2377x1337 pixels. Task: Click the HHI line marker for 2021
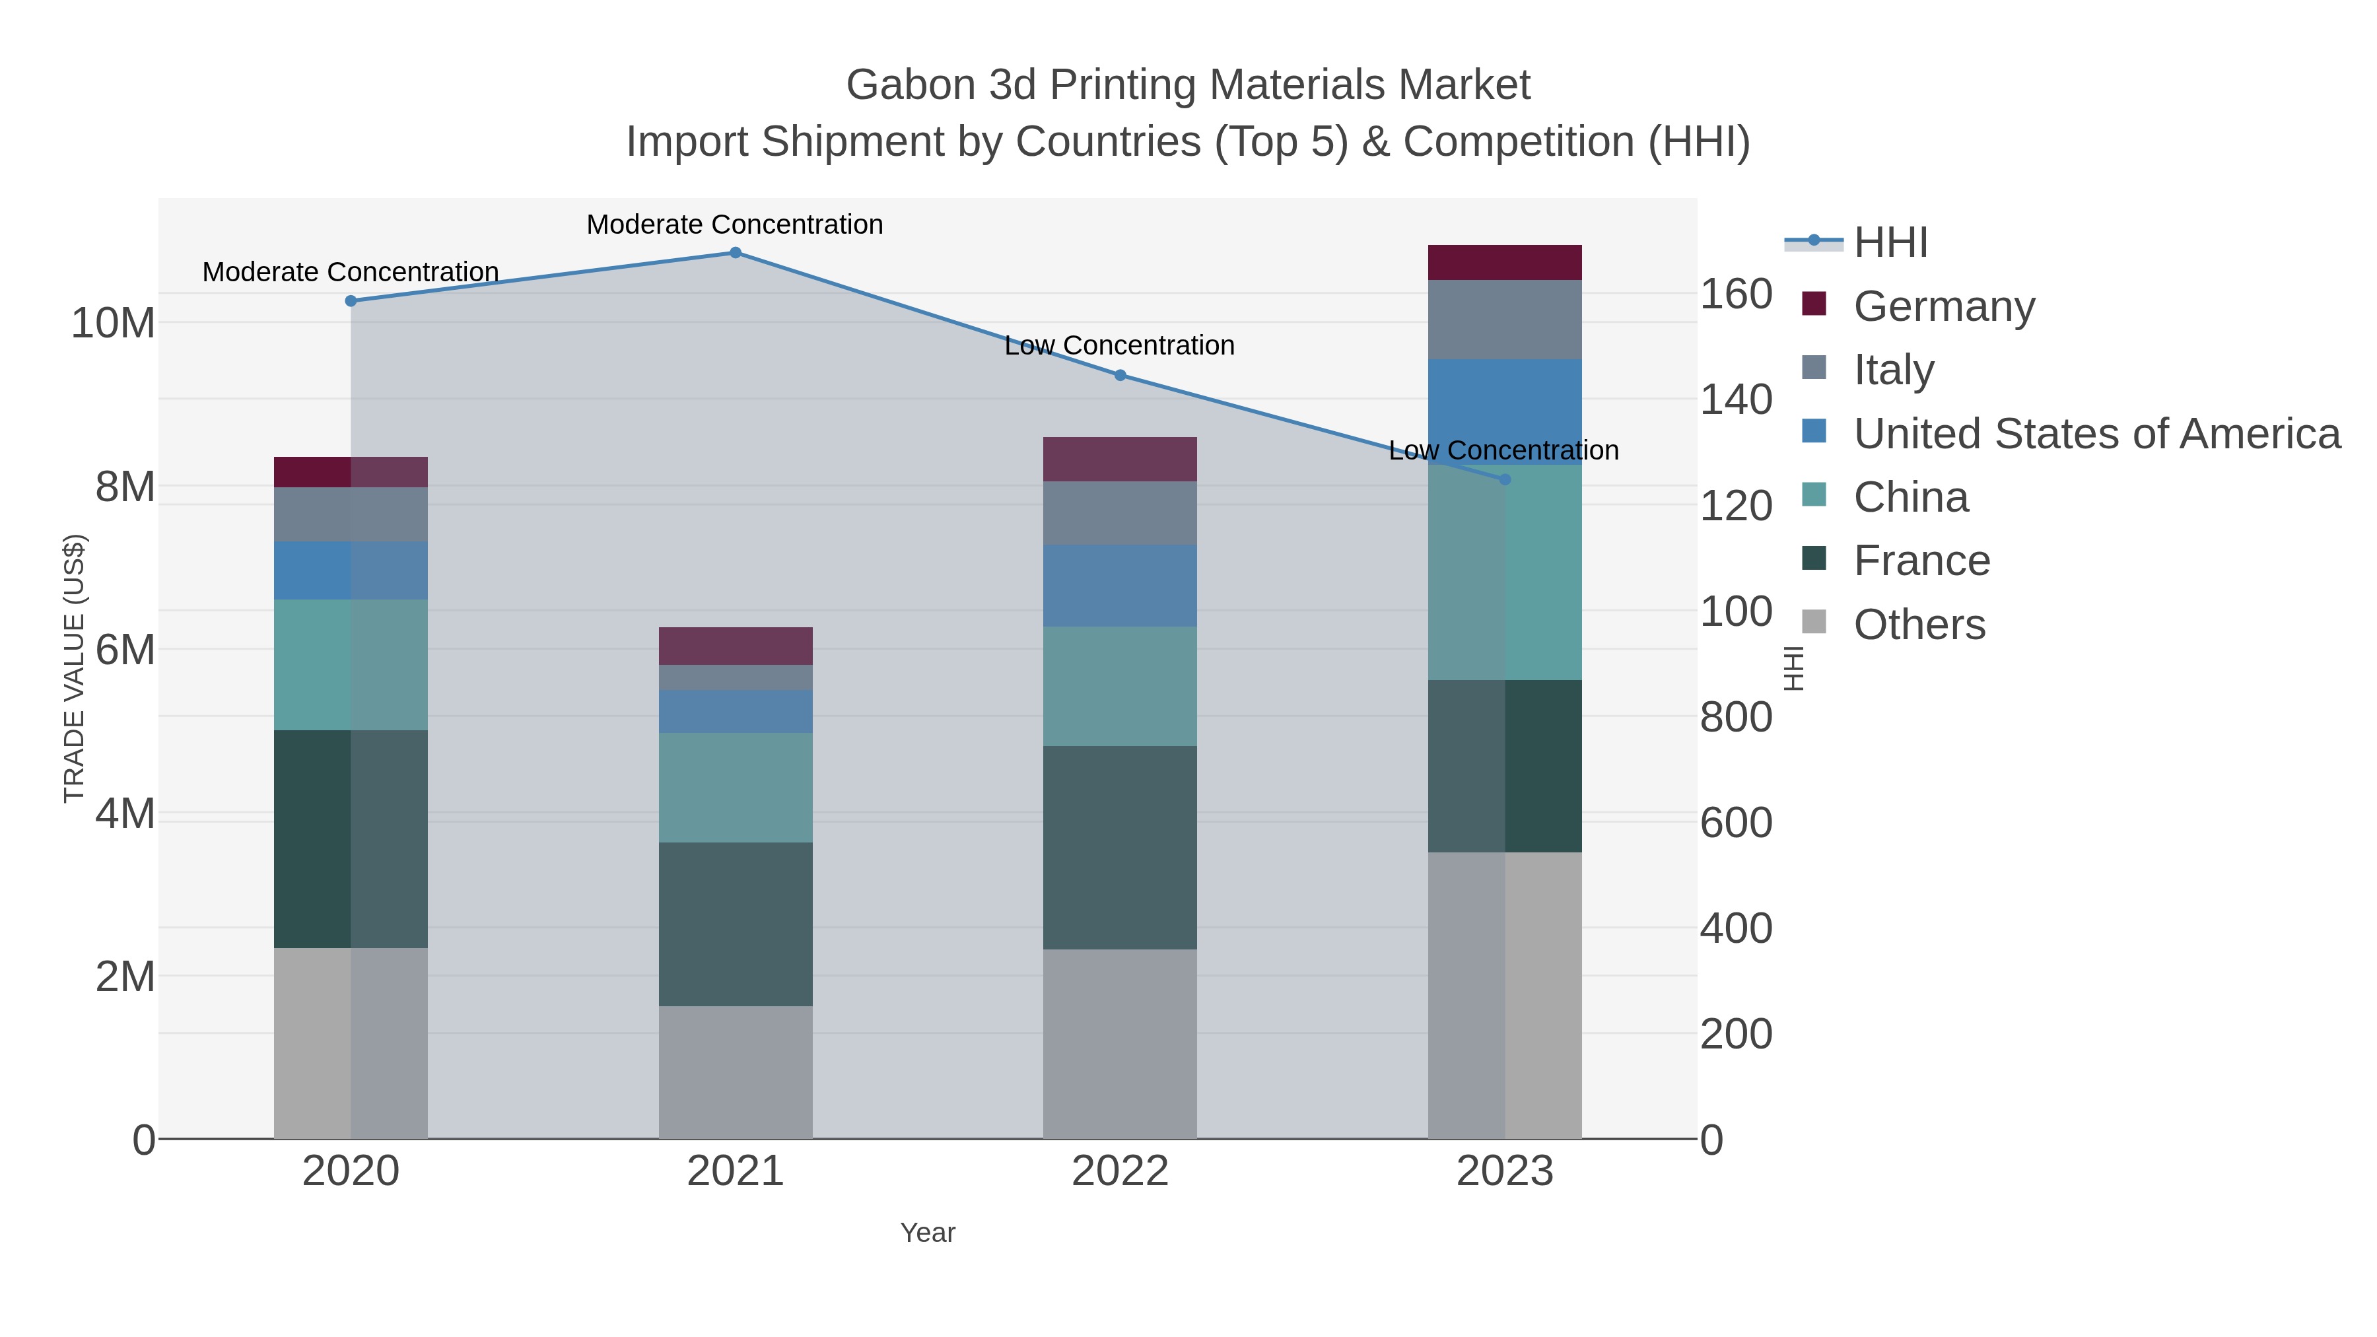[x=736, y=253]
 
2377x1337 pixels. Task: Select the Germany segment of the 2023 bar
[x=1505, y=263]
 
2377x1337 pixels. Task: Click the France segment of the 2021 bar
[x=736, y=924]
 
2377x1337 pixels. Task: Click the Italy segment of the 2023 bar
[x=1505, y=320]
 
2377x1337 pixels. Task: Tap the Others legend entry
[x=1919, y=625]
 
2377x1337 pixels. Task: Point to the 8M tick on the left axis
[x=125, y=486]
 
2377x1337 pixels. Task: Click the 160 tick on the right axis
[x=1736, y=294]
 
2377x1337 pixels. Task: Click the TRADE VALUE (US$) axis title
[x=74, y=668]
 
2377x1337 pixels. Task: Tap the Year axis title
[x=928, y=1233]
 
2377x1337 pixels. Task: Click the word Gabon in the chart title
[x=910, y=85]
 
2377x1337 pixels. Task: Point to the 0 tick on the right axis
[x=1711, y=1140]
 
